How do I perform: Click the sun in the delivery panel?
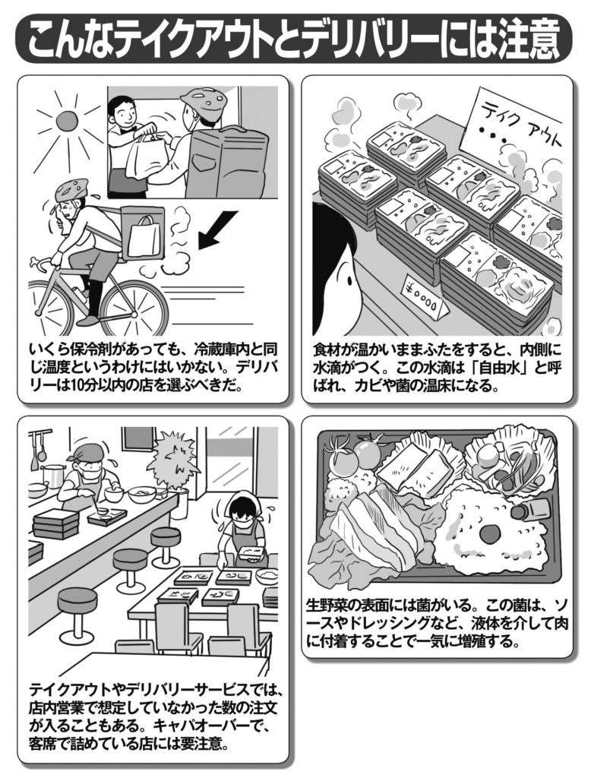click(x=64, y=121)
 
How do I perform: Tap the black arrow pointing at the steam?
click(x=218, y=229)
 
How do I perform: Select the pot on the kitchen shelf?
click(x=53, y=476)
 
